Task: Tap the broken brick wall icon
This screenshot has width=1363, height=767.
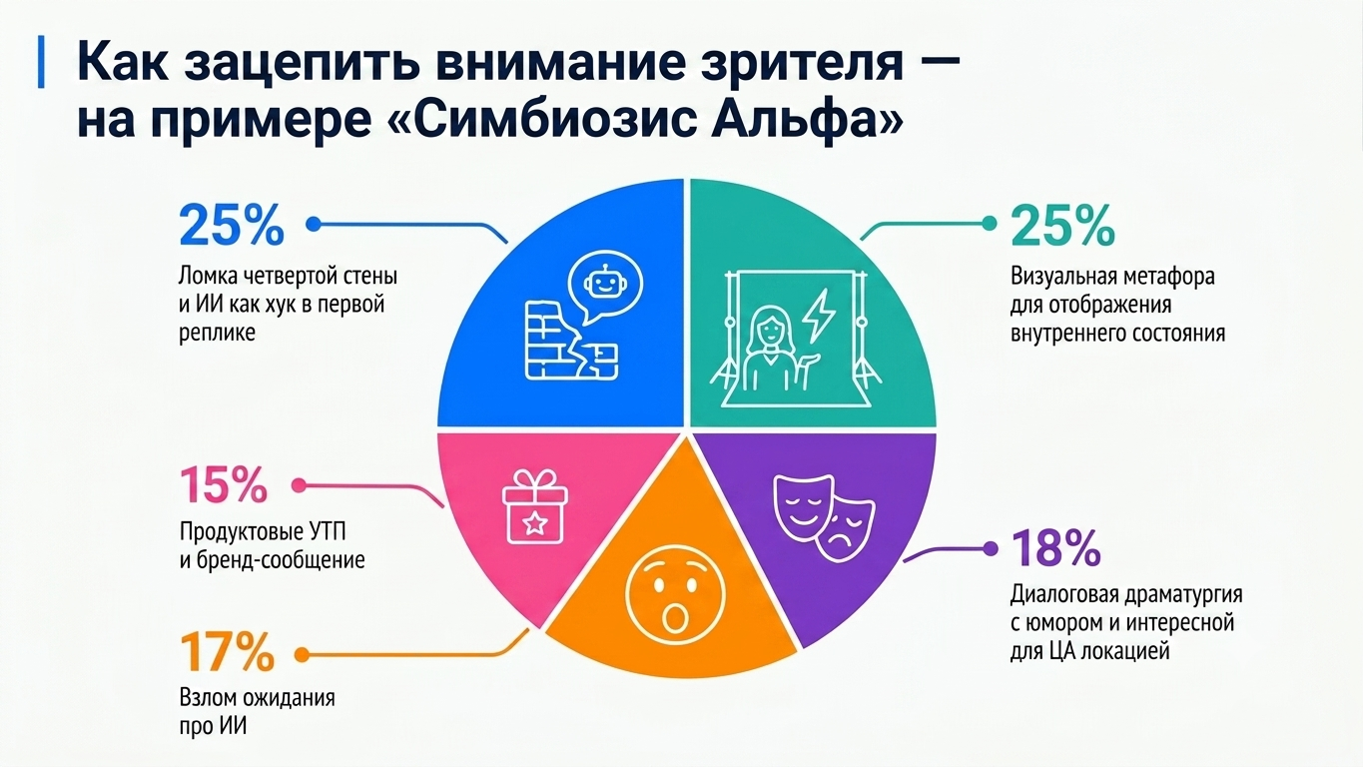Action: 571,340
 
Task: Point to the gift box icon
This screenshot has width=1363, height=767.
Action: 535,506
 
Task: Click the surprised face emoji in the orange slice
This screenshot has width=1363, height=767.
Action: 675,595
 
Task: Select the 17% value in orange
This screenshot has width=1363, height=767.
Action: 227,652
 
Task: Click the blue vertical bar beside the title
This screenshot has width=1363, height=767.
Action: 41,62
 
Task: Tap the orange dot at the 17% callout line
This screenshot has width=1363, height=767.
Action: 302,655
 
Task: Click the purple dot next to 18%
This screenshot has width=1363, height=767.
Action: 991,549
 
